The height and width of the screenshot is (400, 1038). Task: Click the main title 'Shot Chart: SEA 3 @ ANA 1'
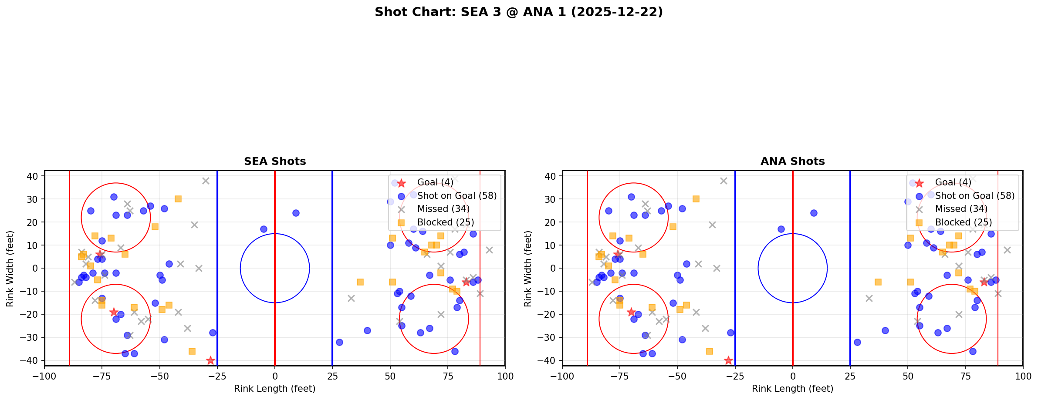point(518,12)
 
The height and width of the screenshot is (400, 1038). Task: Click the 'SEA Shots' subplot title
point(275,161)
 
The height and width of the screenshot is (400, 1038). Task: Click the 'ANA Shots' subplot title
point(792,161)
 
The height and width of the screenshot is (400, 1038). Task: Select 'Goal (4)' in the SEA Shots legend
point(435,182)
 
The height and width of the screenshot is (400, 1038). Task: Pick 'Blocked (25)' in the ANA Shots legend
point(963,222)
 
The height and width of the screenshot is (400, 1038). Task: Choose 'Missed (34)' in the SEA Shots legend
point(443,209)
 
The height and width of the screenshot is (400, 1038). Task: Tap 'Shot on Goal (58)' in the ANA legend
point(974,196)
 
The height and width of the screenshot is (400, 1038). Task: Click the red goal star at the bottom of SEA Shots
point(210,360)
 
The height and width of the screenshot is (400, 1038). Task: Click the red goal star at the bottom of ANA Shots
point(728,360)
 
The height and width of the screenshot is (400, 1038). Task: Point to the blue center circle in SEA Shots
point(275,234)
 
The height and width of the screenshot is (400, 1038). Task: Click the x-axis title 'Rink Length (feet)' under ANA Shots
point(792,389)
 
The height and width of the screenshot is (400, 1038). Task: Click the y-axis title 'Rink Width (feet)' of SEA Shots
point(10,268)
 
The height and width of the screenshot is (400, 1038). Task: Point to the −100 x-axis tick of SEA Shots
point(44,376)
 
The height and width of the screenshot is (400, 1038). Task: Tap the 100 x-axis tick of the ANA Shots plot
point(1022,376)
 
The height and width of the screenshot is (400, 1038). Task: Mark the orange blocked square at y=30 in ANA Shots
point(696,199)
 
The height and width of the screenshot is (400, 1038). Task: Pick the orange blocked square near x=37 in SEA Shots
point(360,282)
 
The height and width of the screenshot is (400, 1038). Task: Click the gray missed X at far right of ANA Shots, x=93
point(1007,250)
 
